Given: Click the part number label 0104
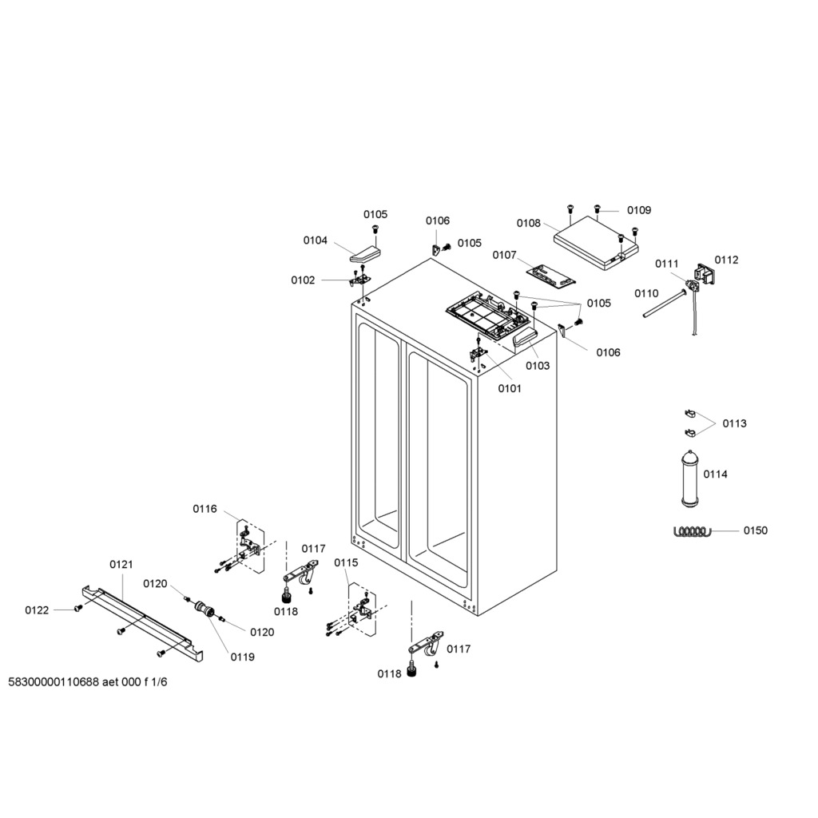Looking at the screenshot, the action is click(315, 240).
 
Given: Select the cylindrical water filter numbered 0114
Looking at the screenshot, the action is click(689, 478).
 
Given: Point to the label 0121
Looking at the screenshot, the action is click(121, 565).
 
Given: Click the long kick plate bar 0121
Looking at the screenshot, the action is click(142, 625).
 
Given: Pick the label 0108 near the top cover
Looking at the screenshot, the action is click(529, 224).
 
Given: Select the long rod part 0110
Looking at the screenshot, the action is click(664, 303).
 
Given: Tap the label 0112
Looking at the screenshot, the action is click(726, 260).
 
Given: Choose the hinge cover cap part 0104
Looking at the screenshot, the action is click(364, 254).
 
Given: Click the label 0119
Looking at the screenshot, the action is click(243, 657).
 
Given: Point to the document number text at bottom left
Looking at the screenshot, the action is click(88, 682).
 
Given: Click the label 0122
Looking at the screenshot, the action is click(37, 610).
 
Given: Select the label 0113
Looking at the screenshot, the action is click(735, 423).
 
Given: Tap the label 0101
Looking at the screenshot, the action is click(509, 389).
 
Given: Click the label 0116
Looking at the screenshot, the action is click(204, 509).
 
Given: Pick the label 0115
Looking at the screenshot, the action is click(347, 563).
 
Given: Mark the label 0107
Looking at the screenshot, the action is click(505, 255).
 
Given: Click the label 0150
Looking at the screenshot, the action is click(756, 530).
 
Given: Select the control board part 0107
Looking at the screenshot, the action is click(550, 275).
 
